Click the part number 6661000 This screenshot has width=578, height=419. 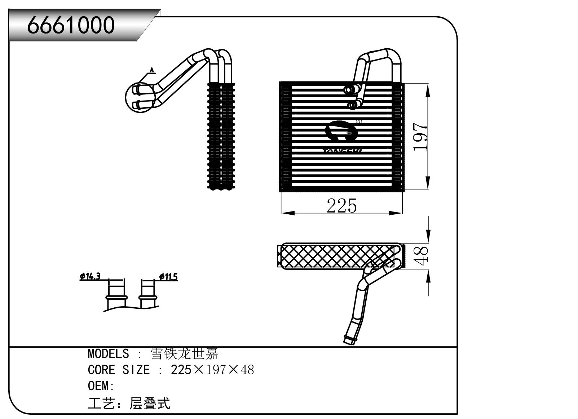(x=71, y=25)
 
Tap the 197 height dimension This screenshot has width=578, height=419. (x=420, y=137)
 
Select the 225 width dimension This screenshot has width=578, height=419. (x=341, y=206)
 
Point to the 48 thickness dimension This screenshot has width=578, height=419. (x=421, y=255)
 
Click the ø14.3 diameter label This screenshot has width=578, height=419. (x=90, y=276)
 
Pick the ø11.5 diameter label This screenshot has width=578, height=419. (x=168, y=277)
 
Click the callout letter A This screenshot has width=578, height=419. (x=152, y=70)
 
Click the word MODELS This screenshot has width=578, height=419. (x=108, y=353)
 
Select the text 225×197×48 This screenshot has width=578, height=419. (x=212, y=370)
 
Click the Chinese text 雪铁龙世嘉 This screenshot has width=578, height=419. (x=184, y=353)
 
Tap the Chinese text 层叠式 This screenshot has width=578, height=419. (x=149, y=404)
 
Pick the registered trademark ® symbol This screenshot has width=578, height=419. (x=359, y=122)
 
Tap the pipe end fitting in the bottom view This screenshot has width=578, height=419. (x=349, y=339)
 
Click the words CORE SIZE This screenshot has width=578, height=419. (x=119, y=370)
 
